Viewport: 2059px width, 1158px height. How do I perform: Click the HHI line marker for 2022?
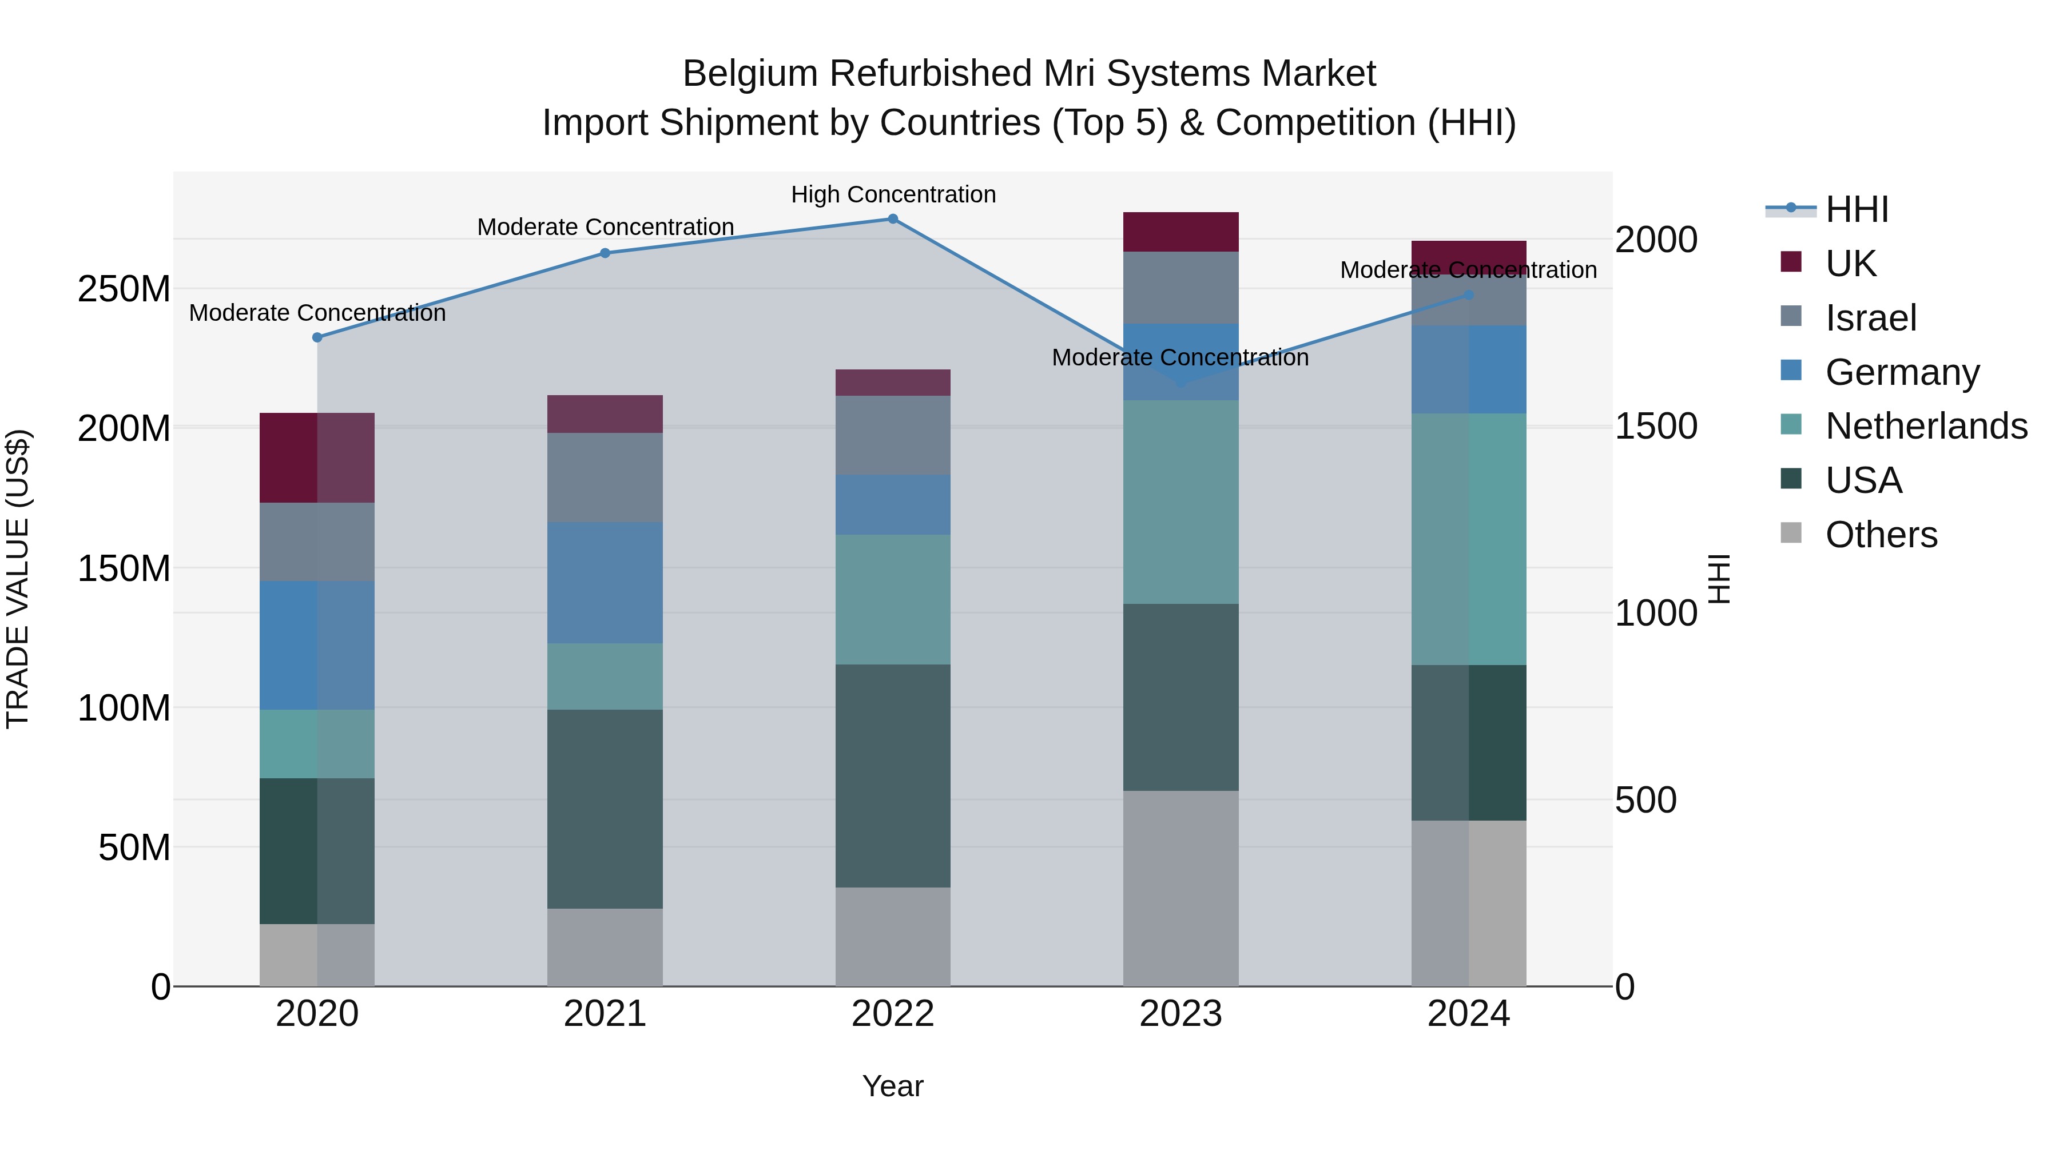[x=893, y=219]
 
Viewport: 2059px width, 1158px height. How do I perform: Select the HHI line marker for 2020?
[x=317, y=337]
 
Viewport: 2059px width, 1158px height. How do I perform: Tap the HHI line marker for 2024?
[x=1468, y=295]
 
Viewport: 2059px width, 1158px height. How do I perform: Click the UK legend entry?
[x=1850, y=263]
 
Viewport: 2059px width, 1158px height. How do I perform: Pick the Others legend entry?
[x=1881, y=535]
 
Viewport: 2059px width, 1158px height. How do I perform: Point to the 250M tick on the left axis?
[x=124, y=289]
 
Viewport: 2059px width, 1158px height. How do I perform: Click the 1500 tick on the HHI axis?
[x=1655, y=426]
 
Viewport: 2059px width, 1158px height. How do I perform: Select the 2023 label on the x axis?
[x=1180, y=1014]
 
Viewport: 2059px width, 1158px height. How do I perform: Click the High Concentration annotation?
[x=893, y=194]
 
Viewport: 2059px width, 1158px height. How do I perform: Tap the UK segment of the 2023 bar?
[x=1180, y=232]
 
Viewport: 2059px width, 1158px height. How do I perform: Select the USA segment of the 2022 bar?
[x=893, y=775]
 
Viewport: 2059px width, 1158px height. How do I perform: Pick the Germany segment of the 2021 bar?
[x=605, y=583]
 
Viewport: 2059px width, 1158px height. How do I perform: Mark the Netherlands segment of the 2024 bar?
[x=1468, y=539]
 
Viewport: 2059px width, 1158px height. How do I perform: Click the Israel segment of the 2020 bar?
[x=317, y=542]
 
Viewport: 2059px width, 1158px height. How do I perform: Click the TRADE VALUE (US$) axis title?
[x=18, y=579]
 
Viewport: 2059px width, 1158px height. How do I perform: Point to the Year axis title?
[x=893, y=1086]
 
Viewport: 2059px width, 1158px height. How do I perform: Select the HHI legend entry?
[x=1856, y=209]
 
